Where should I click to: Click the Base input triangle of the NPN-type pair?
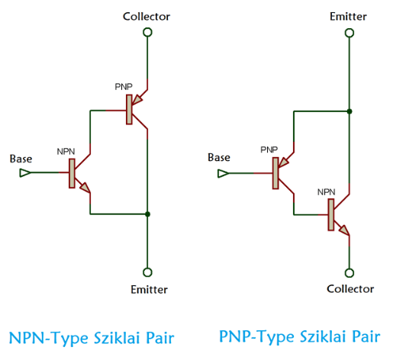point(25,173)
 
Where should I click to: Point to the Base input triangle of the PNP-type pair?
point(224,174)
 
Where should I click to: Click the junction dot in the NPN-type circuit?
point(147,214)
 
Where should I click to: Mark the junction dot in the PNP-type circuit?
point(350,111)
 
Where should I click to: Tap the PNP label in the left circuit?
point(124,87)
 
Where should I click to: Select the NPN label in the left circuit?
point(66,152)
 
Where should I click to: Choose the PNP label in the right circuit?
point(269,149)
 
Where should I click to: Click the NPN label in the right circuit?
point(326,192)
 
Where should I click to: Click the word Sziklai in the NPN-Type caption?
point(117,338)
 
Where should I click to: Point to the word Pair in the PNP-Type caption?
point(366,336)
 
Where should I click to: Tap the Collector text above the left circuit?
point(147,17)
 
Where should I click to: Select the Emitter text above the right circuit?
point(348,17)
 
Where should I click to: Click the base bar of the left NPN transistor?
point(72,173)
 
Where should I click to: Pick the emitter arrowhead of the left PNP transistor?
point(137,100)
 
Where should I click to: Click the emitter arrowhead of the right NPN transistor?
point(343,230)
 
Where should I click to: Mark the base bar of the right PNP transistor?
point(275,173)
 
